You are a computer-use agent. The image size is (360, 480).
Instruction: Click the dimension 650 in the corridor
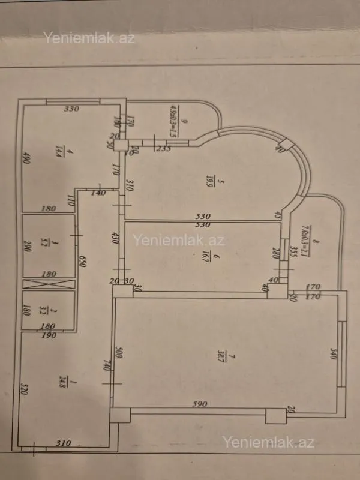[x=83, y=261]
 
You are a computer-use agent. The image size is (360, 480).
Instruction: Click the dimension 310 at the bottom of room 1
[x=64, y=443]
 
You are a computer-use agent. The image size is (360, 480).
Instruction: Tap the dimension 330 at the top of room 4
[x=72, y=110]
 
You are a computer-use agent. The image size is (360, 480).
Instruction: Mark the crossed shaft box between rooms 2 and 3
[x=49, y=284]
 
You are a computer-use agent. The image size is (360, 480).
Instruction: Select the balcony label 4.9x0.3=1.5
[x=174, y=120]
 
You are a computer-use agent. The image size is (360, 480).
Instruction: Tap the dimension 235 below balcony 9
[x=162, y=149]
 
